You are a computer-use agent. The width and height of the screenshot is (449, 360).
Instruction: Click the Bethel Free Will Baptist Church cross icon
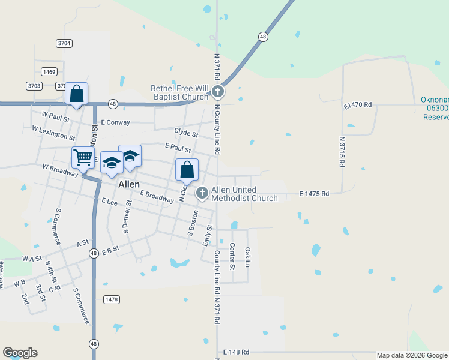coord(218,92)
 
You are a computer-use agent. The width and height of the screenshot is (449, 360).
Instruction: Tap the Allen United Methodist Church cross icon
coord(202,193)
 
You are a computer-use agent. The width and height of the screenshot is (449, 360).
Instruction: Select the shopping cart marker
coord(83,158)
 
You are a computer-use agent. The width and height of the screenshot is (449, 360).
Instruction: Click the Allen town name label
coord(129,184)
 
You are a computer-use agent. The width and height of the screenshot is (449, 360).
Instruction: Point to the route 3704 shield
coord(64,43)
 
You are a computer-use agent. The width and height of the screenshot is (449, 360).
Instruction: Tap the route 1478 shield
coord(112,299)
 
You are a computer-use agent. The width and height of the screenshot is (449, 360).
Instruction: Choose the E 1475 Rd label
coord(315,194)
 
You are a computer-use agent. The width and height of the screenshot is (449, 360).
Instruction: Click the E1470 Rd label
coord(358,105)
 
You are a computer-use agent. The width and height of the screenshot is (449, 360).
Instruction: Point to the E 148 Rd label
coord(236,352)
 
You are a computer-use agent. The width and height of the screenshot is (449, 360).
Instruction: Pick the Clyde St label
coord(186,133)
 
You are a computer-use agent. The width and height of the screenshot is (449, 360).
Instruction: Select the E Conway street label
coord(116,122)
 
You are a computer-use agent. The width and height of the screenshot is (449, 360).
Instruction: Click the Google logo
coord(20,353)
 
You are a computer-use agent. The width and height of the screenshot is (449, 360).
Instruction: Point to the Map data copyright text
coord(411,355)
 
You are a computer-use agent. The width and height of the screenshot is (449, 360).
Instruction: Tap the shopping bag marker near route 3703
coord(76,95)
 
